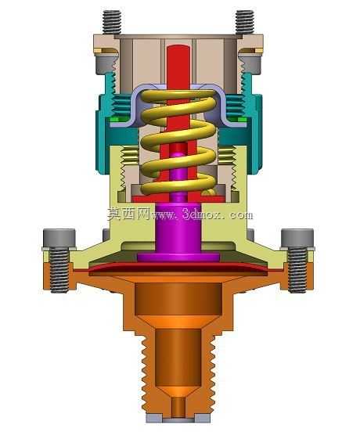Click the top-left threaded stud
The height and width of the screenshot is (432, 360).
tap(112, 22)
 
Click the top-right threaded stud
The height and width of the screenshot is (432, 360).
tap(245, 22)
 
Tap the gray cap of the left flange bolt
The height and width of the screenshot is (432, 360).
tap(59, 238)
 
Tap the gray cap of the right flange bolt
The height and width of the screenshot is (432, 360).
tap(297, 238)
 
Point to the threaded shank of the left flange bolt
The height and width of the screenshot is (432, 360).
tap(59, 270)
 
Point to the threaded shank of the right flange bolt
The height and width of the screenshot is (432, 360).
tap(297, 270)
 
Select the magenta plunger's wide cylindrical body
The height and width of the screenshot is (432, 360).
tap(178, 226)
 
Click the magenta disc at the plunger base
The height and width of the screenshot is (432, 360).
tap(178, 257)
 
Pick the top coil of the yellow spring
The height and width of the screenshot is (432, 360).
tap(178, 94)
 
